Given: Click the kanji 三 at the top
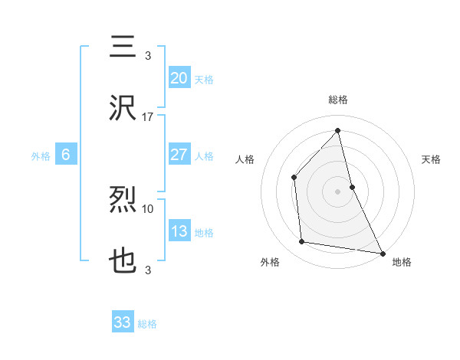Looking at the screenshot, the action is (124, 47).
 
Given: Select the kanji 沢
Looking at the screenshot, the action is (124, 109).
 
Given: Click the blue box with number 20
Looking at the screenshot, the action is (179, 77).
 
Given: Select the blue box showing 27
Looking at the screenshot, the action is (179, 155).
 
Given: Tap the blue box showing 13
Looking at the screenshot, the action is (179, 231).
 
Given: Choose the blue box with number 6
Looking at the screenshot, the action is (66, 155).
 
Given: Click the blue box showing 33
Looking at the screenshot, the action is (123, 322).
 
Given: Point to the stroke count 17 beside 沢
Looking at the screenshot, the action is (148, 117).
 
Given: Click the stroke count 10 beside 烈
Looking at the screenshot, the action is (148, 208).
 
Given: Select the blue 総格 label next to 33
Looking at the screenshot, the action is (147, 323).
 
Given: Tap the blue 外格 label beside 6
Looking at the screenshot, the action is (41, 155).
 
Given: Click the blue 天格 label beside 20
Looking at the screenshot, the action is (204, 79).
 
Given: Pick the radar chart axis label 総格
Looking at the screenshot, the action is (337, 100).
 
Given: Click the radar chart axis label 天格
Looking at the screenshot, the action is (431, 159).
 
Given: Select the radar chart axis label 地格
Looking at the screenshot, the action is (402, 262).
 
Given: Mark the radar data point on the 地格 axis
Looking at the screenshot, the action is (381, 252).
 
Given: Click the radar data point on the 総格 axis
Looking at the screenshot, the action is (337, 131).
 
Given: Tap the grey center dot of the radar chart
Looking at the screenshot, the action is (337, 191).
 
